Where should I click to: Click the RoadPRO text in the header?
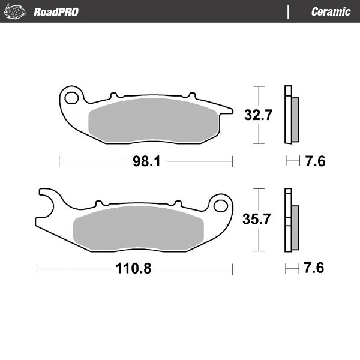[56, 12]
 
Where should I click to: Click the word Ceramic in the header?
[331, 12]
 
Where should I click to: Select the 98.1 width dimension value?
[145, 162]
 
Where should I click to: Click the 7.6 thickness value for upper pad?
[315, 162]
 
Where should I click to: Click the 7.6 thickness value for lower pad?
[314, 268]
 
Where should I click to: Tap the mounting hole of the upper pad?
[73, 97]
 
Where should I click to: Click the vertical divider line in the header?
[289, 12]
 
